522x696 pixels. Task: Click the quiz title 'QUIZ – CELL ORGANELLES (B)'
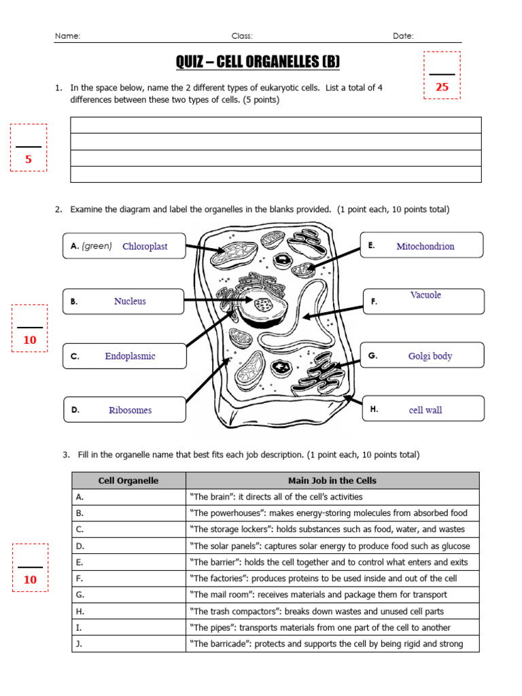258,63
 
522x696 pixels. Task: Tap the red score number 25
442,87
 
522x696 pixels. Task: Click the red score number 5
29,160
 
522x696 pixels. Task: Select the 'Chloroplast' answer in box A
145,246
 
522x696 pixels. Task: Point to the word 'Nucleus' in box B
130,301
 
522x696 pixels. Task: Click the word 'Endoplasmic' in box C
130,356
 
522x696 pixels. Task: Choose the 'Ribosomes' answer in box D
130,410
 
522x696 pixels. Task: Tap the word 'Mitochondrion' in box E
425,246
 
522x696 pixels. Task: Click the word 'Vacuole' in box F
425,295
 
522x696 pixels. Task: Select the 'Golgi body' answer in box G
430,356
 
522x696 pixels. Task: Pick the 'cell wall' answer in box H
425,410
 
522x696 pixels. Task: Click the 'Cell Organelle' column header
128,481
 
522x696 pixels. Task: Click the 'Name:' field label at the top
67,36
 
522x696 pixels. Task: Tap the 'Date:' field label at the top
403,36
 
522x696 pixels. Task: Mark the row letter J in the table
79,644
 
